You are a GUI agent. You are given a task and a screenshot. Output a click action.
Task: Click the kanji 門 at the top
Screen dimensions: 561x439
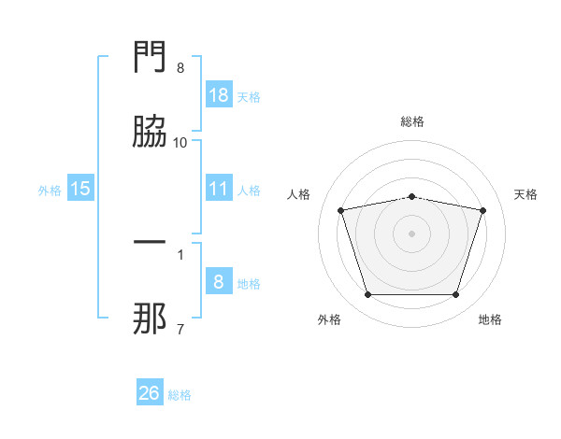pyautogui.click(x=150, y=56)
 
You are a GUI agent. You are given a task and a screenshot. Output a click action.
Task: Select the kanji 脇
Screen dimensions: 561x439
pyautogui.click(x=150, y=131)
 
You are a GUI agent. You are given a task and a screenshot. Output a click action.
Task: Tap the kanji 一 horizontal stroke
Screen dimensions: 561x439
pyautogui.click(x=150, y=242)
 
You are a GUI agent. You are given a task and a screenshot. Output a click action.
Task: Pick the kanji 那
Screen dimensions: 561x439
pyautogui.click(x=150, y=319)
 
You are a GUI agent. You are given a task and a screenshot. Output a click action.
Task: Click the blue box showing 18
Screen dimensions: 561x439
pyautogui.click(x=219, y=94)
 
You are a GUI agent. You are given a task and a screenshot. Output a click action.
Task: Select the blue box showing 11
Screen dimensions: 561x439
pyautogui.click(x=219, y=188)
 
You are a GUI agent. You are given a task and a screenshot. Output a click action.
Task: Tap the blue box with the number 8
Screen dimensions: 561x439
pyautogui.click(x=219, y=280)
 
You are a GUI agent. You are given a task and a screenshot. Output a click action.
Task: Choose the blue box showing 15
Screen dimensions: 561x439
pyautogui.click(x=80, y=188)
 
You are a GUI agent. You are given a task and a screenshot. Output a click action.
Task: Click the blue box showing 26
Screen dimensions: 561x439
pyautogui.click(x=150, y=391)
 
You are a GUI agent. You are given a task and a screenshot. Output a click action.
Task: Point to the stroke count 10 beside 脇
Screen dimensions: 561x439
pyautogui.click(x=180, y=143)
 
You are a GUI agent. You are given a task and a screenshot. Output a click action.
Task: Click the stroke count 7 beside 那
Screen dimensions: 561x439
pyautogui.click(x=180, y=329)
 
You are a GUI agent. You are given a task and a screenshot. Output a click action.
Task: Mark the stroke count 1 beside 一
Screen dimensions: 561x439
pyautogui.click(x=180, y=255)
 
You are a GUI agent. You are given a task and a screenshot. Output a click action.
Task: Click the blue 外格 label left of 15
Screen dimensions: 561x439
pyautogui.click(x=50, y=191)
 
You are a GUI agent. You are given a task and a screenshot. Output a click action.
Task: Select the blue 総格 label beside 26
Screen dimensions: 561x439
pyautogui.click(x=180, y=395)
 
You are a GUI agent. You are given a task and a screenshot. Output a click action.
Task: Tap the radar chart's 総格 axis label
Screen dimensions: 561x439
pyautogui.click(x=412, y=121)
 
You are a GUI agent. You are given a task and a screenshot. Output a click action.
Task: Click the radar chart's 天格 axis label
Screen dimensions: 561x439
pyautogui.click(x=525, y=194)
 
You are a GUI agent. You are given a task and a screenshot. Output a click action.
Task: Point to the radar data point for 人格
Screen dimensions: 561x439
pyautogui.click(x=340, y=210)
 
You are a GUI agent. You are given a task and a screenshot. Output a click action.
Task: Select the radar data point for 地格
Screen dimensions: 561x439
pyautogui.click(x=455, y=295)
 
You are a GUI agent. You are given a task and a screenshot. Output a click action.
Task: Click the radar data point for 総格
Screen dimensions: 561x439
pyautogui.click(x=411, y=197)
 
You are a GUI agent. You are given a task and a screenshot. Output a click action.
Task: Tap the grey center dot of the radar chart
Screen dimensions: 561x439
pyautogui.click(x=411, y=234)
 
